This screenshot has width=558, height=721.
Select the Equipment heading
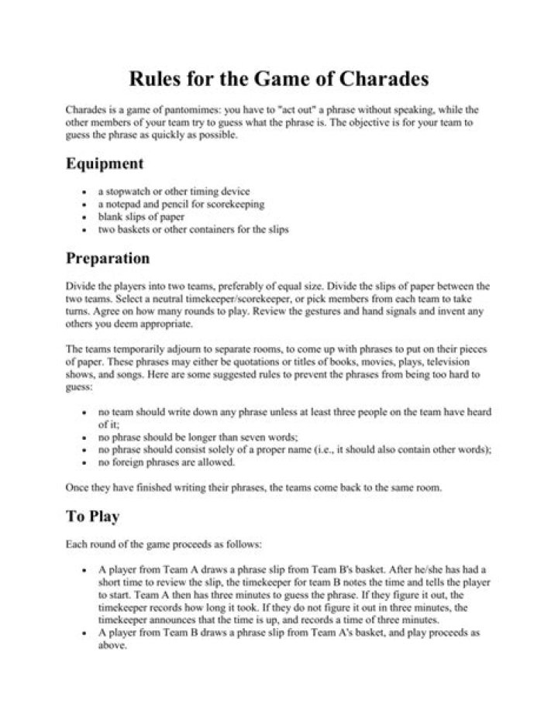[105, 163]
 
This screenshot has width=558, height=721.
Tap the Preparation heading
[108, 258]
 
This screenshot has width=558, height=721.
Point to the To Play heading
[92, 515]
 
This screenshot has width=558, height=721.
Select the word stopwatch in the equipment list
[127, 191]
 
